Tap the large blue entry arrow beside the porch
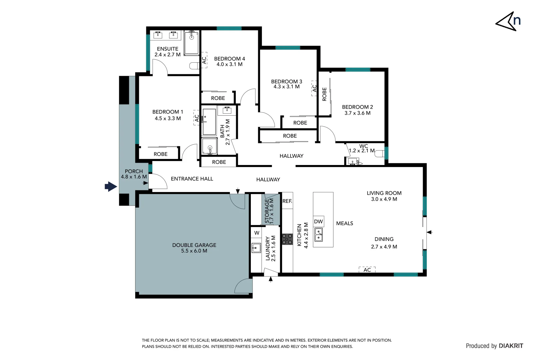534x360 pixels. pos(111,186)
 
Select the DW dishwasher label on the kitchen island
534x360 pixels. pos(318,221)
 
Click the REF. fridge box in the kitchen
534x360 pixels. pos(287,201)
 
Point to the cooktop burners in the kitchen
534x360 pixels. pos(287,239)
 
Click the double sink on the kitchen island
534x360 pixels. pos(319,235)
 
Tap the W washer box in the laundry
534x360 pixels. pos(257,233)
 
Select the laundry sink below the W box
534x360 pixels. pos(256,248)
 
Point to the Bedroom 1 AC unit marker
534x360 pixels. pos(197,118)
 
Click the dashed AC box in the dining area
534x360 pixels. pos(367,270)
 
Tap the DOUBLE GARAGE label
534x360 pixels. pos(194,245)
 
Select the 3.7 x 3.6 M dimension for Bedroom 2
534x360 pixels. pos(357,113)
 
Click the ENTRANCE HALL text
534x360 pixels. pos(192,179)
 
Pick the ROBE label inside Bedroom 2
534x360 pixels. pos(324,94)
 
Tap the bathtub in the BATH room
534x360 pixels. pos(209,122)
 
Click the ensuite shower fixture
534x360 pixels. pos(192,42)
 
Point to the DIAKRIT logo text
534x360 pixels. pos(511,346)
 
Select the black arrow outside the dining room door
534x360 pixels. pos(430,232)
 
